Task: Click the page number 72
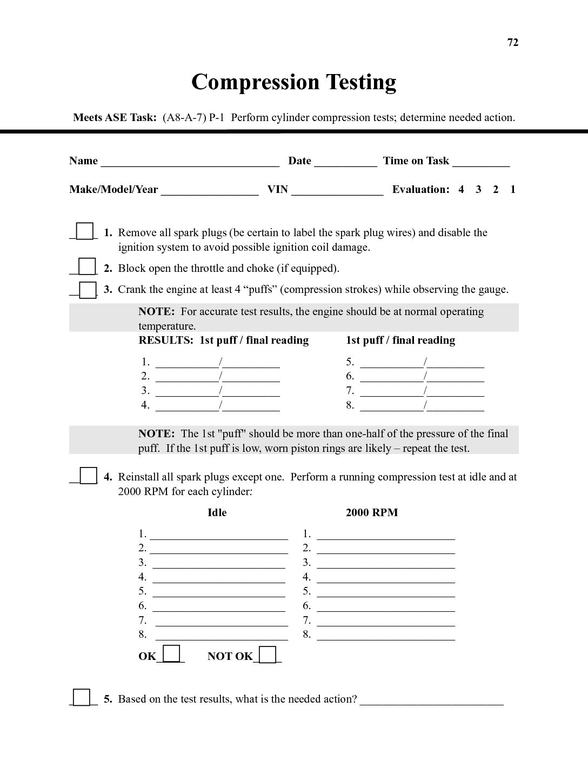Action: click(513, 43)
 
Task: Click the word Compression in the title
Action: click(256, 82)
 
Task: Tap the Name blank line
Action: click(190, 162)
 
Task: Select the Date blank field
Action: click(345, 162)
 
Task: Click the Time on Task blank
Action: click(481, 162)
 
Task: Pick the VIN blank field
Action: click(337, 191)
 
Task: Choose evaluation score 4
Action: click(461, 190)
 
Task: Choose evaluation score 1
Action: click(513, 190)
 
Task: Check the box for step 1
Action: click(85, 231)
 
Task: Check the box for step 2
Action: click(87, 267)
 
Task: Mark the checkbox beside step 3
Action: click(88, 290)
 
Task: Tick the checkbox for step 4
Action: click(88, 476)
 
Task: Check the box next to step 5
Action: click(82, 697)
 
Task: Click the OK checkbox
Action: click(171, 654)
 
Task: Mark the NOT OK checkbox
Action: click(268, 655)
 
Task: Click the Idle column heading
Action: click(217, 513)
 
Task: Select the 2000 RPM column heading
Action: click(372, 513)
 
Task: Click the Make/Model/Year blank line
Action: click(210, 191)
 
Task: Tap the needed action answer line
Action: click(431, 701)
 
